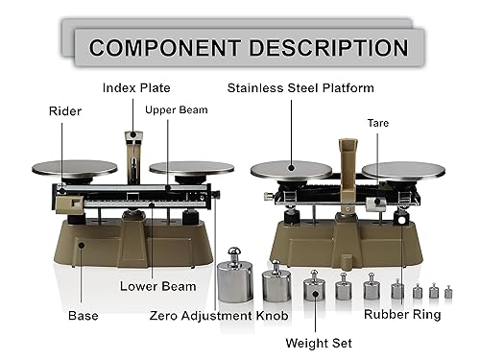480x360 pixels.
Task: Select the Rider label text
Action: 65,111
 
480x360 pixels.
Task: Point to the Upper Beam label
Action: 176,109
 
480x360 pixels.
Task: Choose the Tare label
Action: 377,123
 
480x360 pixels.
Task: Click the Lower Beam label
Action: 157,286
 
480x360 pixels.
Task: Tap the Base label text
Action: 83,314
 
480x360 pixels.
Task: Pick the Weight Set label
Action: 319,343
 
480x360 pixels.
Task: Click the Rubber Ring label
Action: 402,314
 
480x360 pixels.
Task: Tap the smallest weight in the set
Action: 447,291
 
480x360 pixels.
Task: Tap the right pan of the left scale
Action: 190,168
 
